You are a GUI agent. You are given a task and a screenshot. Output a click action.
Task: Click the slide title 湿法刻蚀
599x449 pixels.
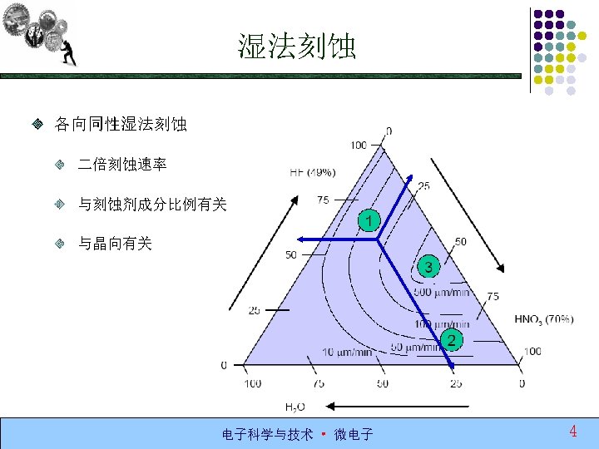pos(297,47)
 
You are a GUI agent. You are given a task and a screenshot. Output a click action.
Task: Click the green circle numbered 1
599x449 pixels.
pos(369,220)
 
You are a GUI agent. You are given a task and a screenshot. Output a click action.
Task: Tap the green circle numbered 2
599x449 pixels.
pos(451,339)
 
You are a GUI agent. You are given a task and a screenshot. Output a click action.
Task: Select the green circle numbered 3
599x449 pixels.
pos(428,266)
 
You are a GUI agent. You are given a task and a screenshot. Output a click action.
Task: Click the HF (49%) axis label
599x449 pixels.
pos(313,173)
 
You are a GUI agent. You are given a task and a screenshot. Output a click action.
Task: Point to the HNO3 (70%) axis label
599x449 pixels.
pos(543,318)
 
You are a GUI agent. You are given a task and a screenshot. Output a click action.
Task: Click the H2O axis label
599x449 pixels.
pos(295,407)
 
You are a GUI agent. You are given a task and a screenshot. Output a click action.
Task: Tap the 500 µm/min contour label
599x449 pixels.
pos(441,291)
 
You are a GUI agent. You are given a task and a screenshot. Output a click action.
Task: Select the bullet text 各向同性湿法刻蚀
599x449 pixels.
pos(121,125)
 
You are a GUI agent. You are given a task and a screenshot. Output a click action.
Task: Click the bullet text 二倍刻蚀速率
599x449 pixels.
pos(122,165)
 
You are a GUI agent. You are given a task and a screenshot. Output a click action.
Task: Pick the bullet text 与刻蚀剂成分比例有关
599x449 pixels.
pos(152,205)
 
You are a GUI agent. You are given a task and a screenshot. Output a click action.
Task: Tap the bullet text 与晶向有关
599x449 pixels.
pos(115,244)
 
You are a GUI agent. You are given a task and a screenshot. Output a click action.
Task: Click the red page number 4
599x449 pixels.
pos(573,431)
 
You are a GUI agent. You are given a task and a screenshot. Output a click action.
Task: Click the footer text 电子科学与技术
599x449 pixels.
pos(267,434)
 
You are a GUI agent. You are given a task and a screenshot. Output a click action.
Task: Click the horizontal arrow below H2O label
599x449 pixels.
pos(398,407)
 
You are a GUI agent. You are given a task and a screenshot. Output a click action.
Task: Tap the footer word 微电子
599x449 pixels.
pos(354,434)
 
